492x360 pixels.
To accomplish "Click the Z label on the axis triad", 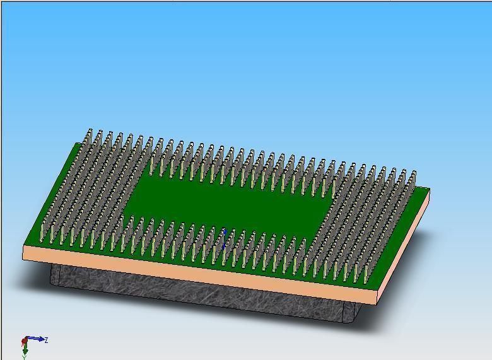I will (x=47, y=340).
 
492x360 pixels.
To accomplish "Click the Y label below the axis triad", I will (x=25, y=357).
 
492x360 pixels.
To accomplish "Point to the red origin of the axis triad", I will (x=25, y=342).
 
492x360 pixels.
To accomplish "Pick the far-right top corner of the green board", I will (x=429, y=189).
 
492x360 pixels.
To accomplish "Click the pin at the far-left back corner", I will (x=89, y=140).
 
